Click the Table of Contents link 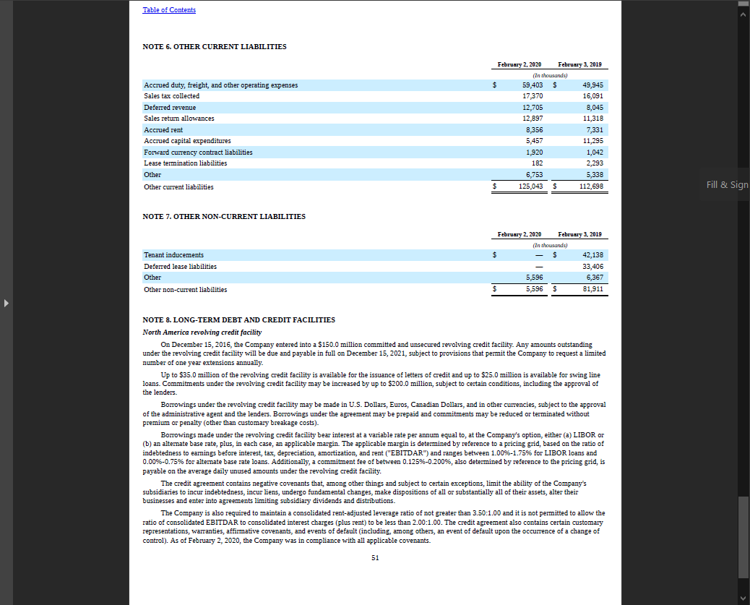(x=169, y=10)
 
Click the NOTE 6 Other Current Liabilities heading (x=215, y=47)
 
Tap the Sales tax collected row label (x=172, y=96)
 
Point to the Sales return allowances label (x=179, y=119)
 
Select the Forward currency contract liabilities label (x=198, y=153)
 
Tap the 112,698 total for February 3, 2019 (x=591, y=187)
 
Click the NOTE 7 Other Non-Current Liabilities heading (x=224, y=217)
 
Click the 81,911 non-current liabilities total (x=592, y=290)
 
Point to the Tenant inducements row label (x=173, y=255)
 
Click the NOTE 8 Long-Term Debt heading (x=239, y=320)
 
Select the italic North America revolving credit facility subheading (x=202, y=332)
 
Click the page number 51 (x=375, y=558)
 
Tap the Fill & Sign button (x=727, y=185)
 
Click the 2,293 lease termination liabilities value (x=594, y=163)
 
